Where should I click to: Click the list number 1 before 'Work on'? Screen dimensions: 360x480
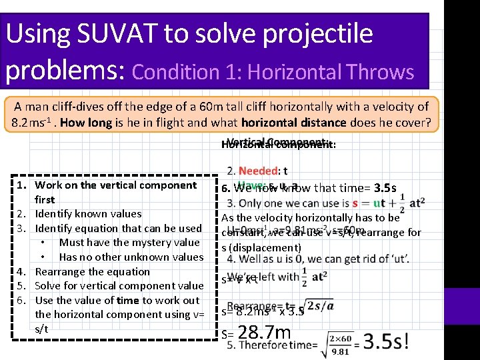21,185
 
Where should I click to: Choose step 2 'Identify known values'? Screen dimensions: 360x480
88,214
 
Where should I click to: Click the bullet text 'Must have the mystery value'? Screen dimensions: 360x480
129,243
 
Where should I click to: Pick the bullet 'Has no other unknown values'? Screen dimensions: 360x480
131,257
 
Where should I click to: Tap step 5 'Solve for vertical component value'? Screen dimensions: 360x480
119,286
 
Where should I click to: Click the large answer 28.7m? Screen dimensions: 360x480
264,332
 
